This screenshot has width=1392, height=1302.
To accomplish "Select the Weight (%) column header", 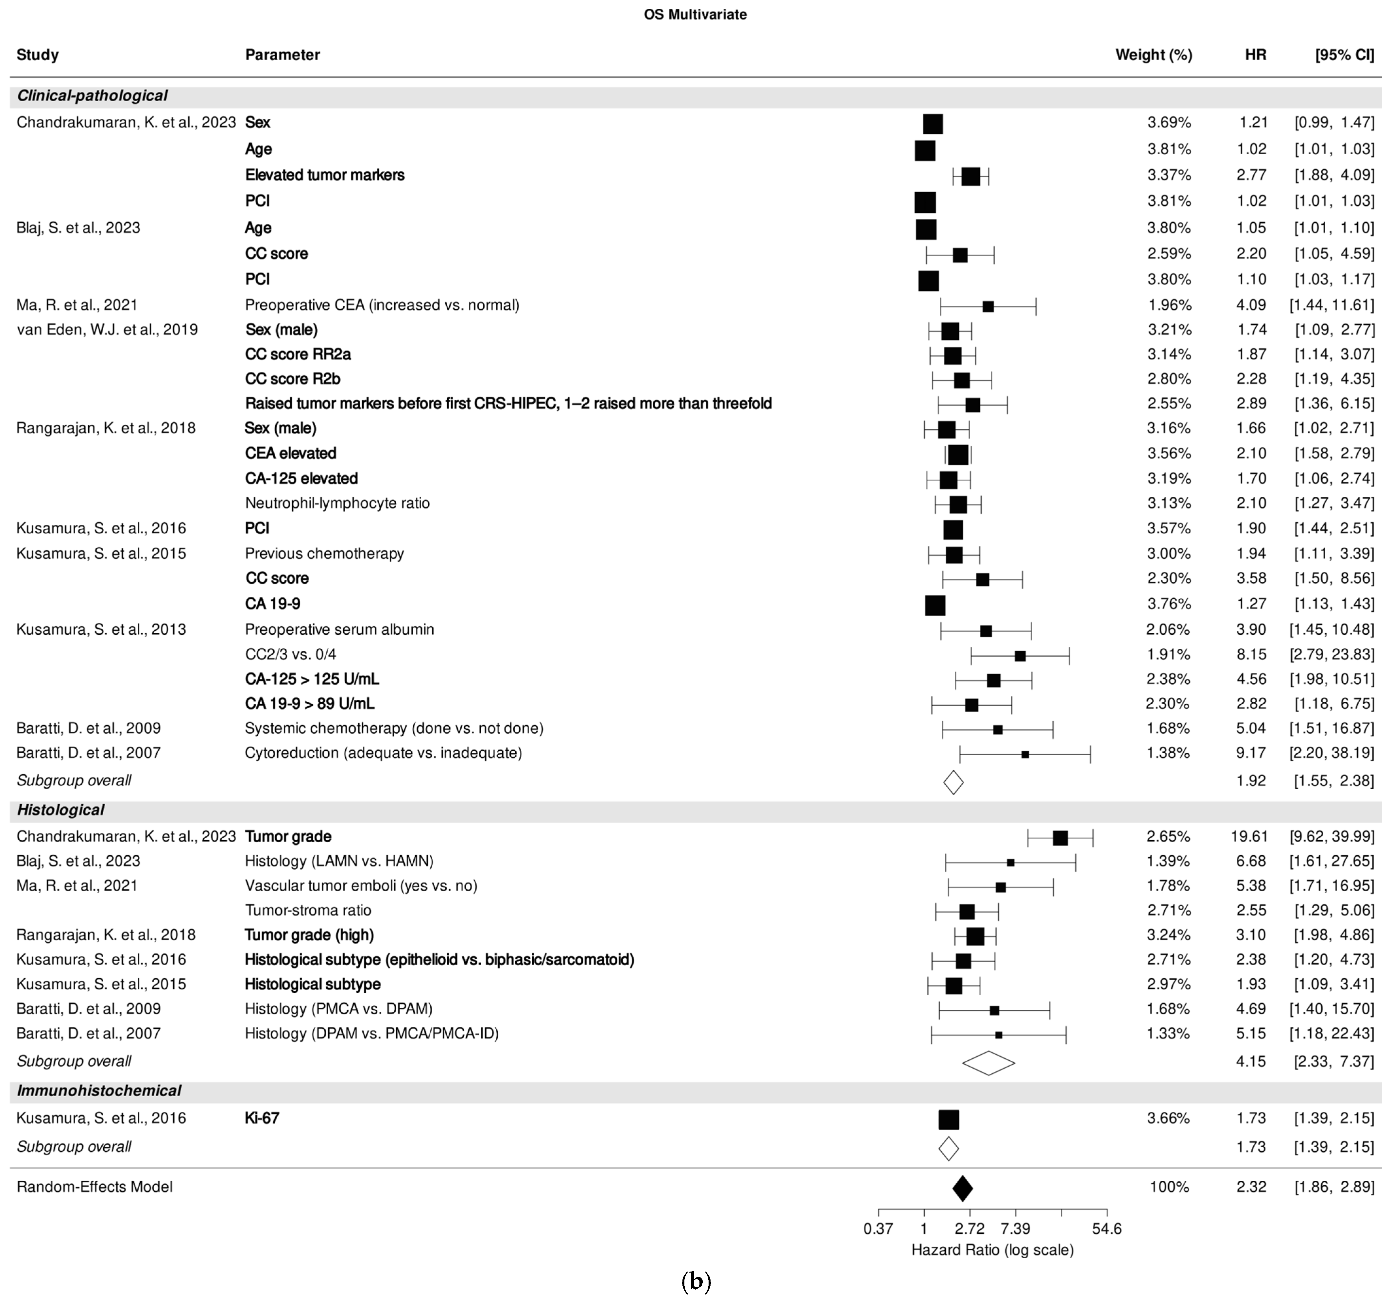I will pos(1153,55).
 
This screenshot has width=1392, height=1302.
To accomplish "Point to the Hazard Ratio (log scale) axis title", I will pos(992,1249).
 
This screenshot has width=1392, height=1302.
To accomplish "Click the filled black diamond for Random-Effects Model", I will pos(962,1188).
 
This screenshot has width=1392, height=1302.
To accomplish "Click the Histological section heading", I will pos(61,810).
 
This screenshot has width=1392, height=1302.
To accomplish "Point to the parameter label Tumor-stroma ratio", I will pos(308,910).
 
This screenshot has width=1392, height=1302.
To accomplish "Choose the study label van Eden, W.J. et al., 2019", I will pos(107,330).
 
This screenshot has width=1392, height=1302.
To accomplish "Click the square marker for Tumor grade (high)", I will pos(975,936).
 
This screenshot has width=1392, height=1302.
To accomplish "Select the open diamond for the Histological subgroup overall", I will pos(988,1063).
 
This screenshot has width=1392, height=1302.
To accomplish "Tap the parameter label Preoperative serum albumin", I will pos(340,629).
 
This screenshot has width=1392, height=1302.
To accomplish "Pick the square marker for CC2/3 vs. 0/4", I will pos(1020,656).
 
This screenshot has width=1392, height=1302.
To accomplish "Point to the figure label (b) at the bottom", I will pos(695,1281).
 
